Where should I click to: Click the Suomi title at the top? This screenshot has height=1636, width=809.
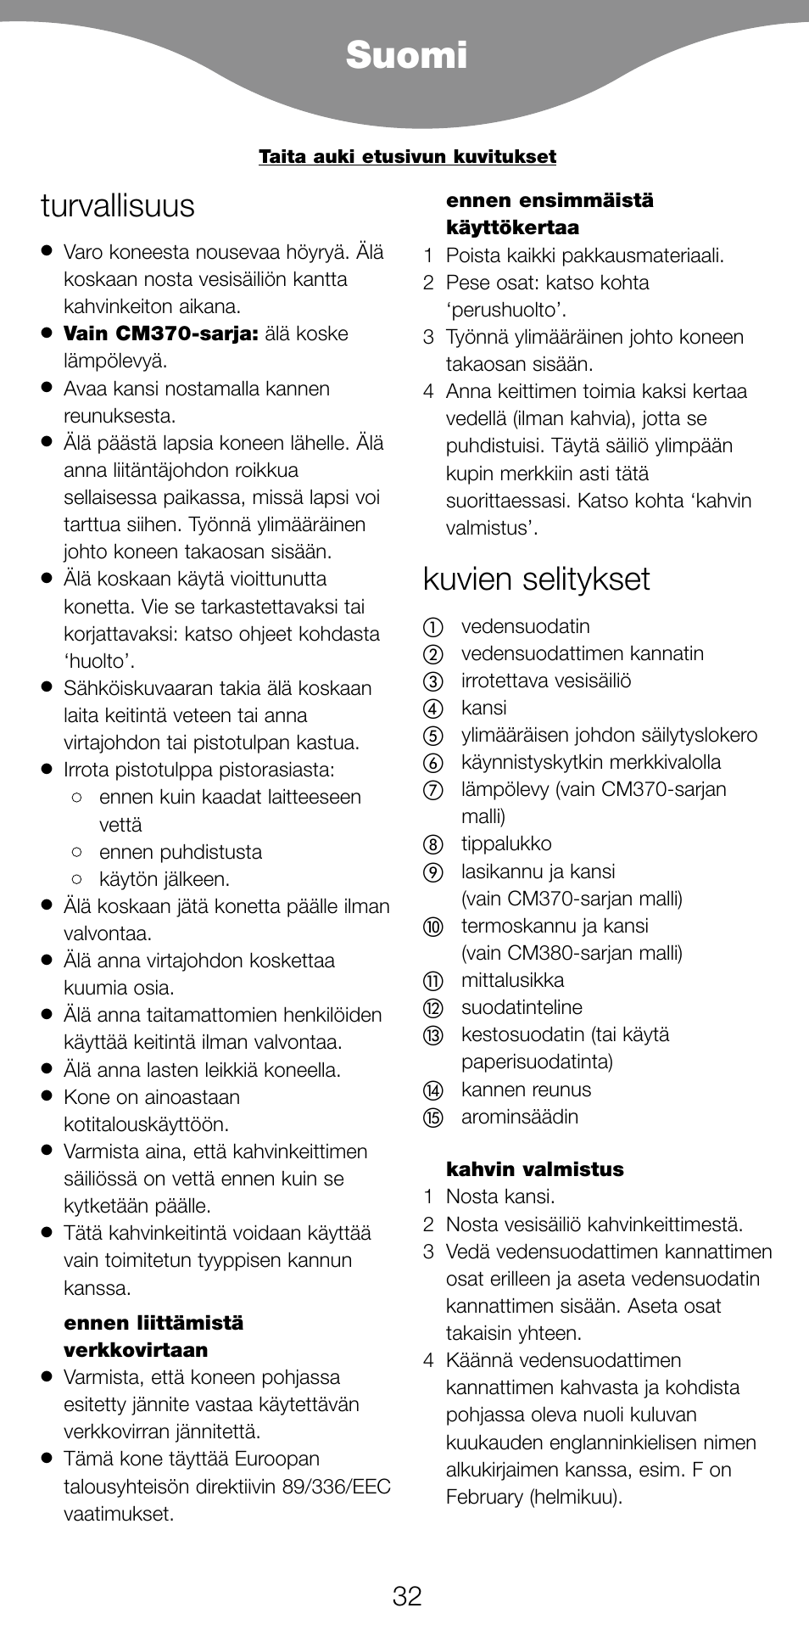point(406,56)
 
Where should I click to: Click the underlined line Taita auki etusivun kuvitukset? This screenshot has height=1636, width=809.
point(407,157)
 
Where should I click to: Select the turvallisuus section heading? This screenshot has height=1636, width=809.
point(117,206)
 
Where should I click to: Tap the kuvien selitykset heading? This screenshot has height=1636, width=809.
point(536,580)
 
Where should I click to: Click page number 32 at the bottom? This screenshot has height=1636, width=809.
point(407,1596)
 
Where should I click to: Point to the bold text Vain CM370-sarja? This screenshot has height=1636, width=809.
point(160,334)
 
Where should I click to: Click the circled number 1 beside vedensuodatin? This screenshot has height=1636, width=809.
point(433,628)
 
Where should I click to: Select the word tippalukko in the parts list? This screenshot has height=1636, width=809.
point(505,844)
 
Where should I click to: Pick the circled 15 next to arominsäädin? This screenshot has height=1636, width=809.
point(433,1118)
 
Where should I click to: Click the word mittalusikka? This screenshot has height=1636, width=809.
point(512,981)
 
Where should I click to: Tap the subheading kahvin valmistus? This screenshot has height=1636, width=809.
point(534,1169)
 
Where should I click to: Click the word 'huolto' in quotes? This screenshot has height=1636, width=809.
point(99,662)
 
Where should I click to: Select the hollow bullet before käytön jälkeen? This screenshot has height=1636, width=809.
point(77,879)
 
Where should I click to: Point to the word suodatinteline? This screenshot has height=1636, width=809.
point(521,1008)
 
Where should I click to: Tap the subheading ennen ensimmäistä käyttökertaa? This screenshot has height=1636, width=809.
point(550,214)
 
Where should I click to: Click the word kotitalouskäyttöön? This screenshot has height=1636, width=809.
point(146,1125)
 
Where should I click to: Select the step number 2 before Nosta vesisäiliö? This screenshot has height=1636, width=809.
point(429,1224)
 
